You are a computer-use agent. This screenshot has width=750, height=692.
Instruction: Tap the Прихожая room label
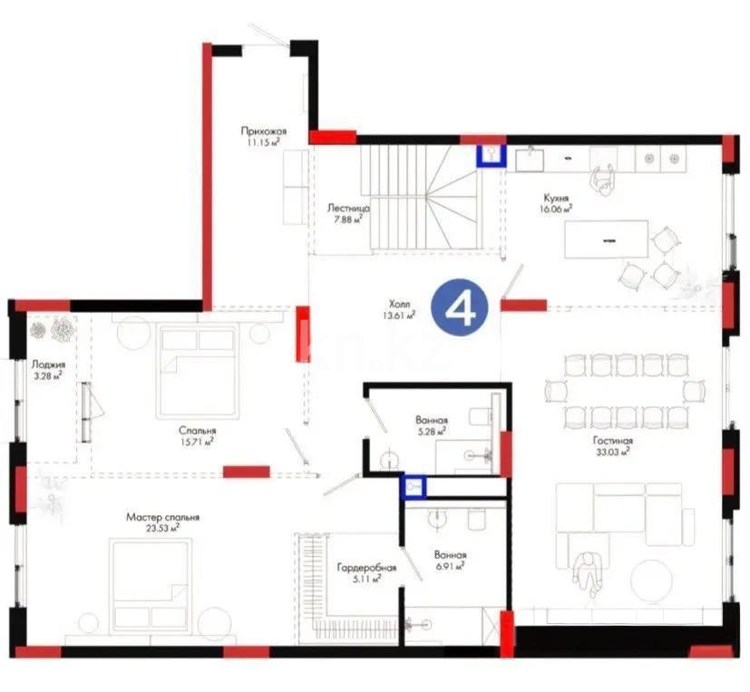coord(264,131)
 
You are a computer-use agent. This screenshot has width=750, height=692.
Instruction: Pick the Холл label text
coord(397,305)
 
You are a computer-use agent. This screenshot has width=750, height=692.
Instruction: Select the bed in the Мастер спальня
coord(151,577)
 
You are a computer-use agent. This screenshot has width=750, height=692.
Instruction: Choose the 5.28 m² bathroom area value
coord(431,432)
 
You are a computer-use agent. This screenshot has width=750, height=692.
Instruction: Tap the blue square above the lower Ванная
coord(414,487)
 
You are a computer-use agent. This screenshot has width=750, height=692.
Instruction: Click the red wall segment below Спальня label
coord(246,471)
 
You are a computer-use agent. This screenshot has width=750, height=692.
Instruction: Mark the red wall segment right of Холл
coord(523,305)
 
